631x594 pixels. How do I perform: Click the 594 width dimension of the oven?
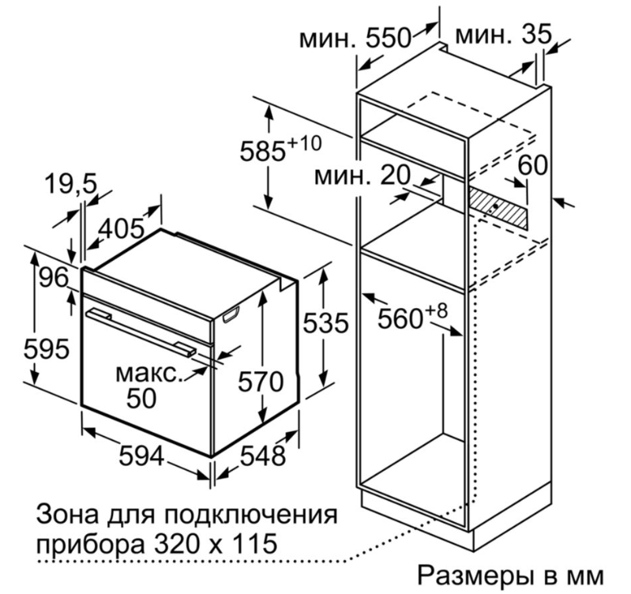click(x=141, y=457)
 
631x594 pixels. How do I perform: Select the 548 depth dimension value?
click(x=263, y=456)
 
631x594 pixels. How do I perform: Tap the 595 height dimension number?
click(x=47, y=349)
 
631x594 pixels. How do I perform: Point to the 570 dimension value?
click(x=261, y=382)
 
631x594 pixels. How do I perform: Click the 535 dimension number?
click(x=325, y=323)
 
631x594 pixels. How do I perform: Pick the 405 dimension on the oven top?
click(x=122, y=229)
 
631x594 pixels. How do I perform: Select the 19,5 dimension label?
click(x=71, y=184)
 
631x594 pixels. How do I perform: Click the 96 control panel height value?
click(x=54, y=278)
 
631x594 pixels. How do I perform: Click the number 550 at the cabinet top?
click(x=388, y=39)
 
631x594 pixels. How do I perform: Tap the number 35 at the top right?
click(x=536, y=34)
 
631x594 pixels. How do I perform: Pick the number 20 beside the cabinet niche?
click(x=395, y=175)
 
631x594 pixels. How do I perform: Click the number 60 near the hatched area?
click(x=532, y=164)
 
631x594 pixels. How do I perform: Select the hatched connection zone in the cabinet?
click(x=498, y=208)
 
